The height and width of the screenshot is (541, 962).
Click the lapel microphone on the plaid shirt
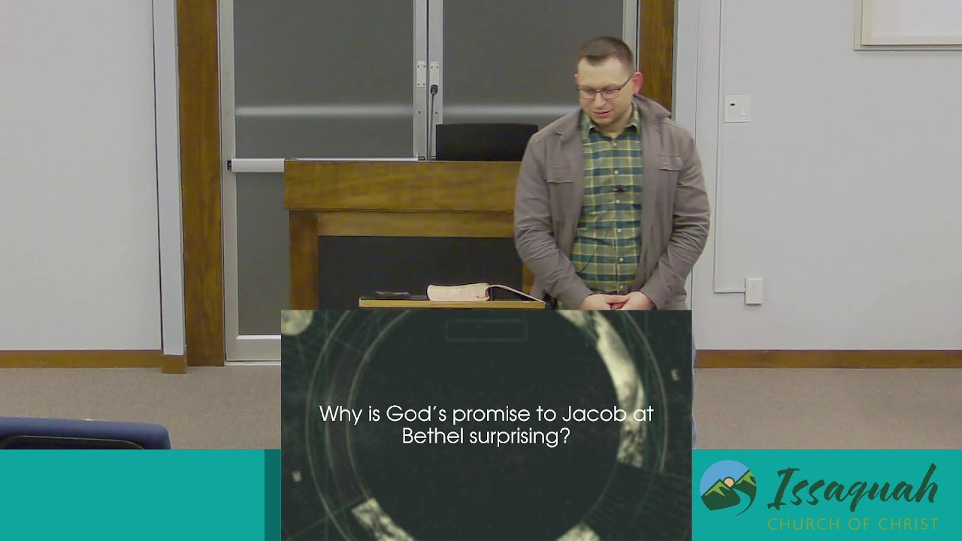point(619,189)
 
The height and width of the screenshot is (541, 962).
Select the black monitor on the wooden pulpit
point(486,142)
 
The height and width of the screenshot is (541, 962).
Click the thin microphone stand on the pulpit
point(431,120)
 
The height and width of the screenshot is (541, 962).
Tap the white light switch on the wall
point(737,108)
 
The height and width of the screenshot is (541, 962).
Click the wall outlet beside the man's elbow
point(753,291)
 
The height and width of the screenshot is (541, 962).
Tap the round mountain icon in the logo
point(728,488)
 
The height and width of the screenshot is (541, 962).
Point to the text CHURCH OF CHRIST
point(852,524)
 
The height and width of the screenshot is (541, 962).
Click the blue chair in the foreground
point(83,434)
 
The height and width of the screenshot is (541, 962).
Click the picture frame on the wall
point(908,24)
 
